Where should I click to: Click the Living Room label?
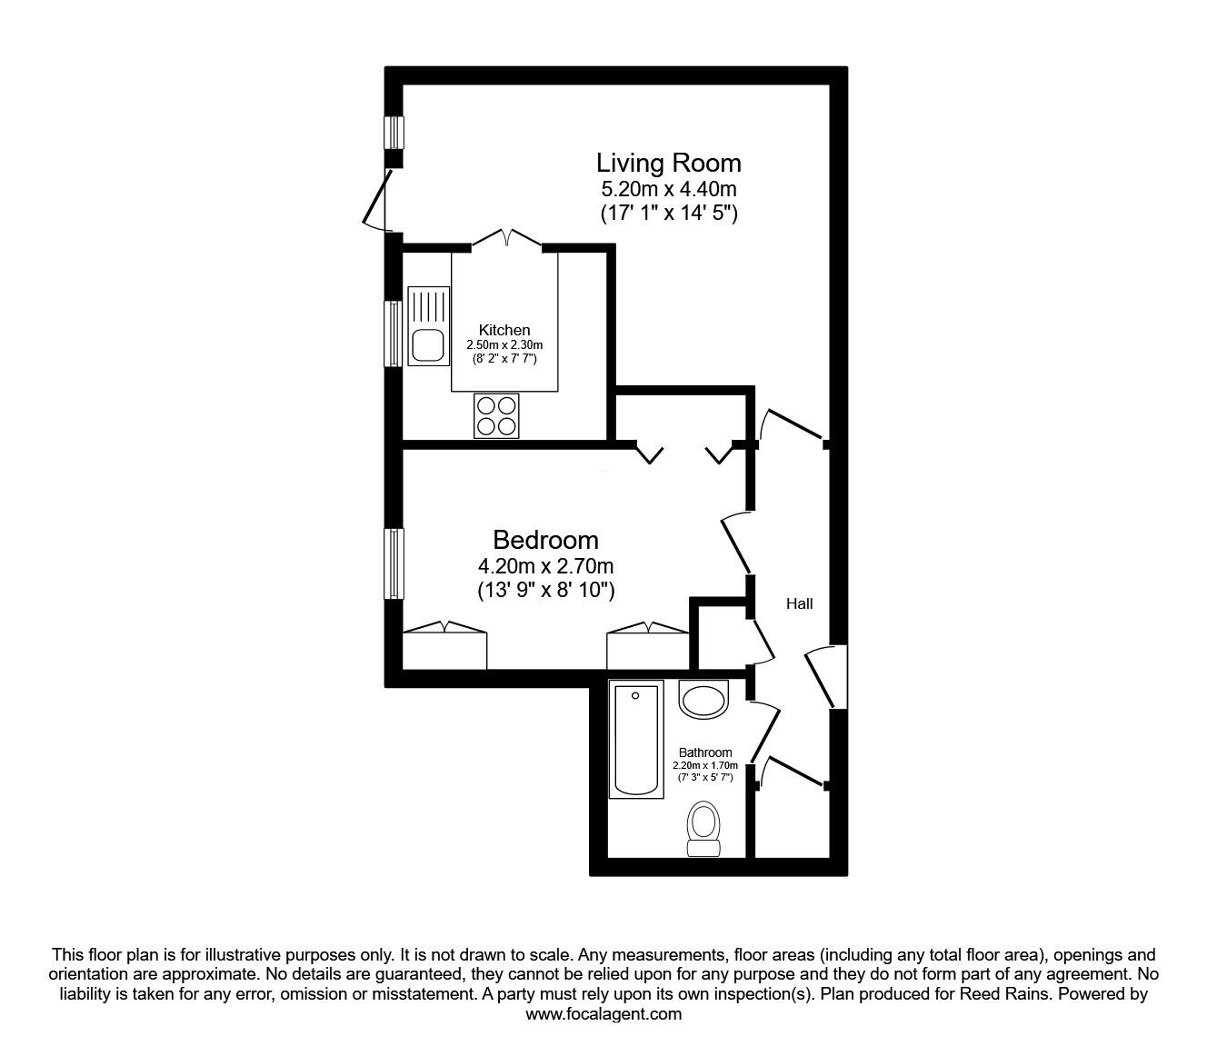click(669, 163)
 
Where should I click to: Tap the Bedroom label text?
click(545, 540)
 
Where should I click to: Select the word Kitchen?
click(504, 330)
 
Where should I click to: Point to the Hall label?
click(800, 603)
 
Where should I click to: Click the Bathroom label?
click(705, 752)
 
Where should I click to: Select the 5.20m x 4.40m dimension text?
click(669, 189)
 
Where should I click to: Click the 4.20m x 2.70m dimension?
click(545, 566)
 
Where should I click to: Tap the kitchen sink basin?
click(427, 345)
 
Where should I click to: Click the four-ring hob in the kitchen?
click(496, 416)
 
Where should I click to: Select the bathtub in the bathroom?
click(636, 741)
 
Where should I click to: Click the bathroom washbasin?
click(703, 699)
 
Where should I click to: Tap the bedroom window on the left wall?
click(394, 563)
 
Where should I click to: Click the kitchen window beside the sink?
click(393, 334)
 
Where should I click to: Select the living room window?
click(394, 133)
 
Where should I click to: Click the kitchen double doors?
click(507, 239)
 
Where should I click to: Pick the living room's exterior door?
click(377, 199)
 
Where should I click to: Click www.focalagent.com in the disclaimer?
click(603, 1014)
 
